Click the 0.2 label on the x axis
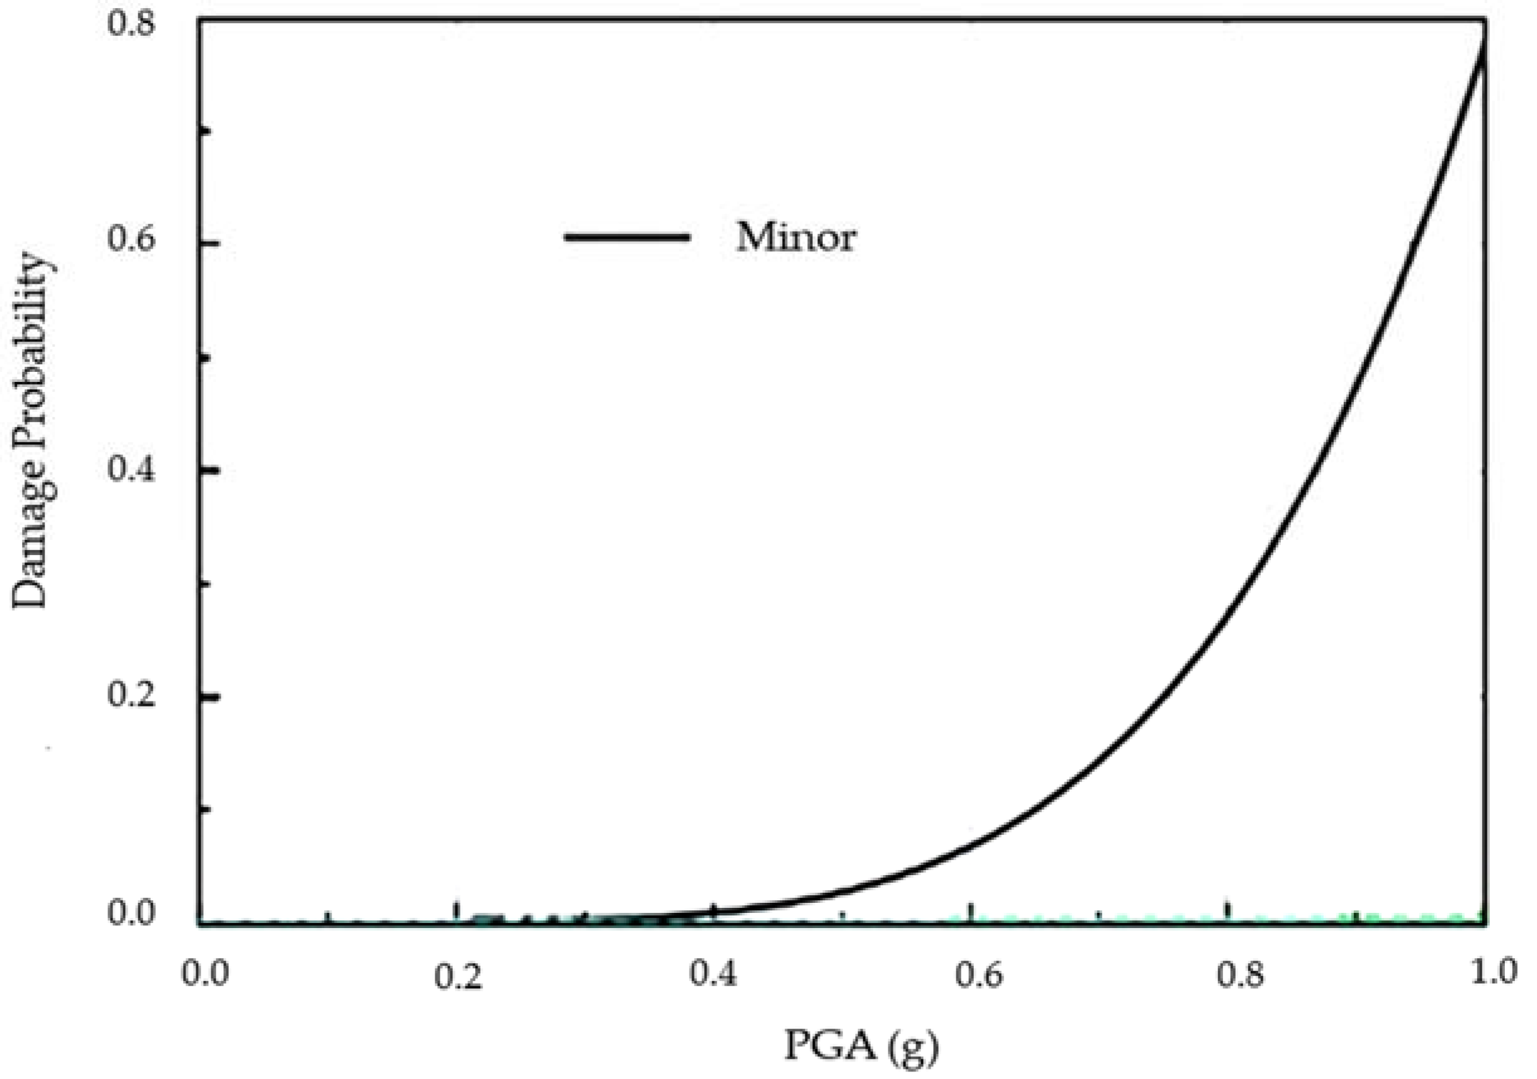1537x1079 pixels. click(458, 976)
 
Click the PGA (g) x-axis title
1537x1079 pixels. click(861, 1046)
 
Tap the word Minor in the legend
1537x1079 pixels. click(796, 237)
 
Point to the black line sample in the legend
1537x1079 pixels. click(627, 237)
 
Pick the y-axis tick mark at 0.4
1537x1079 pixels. click(209, 469)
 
